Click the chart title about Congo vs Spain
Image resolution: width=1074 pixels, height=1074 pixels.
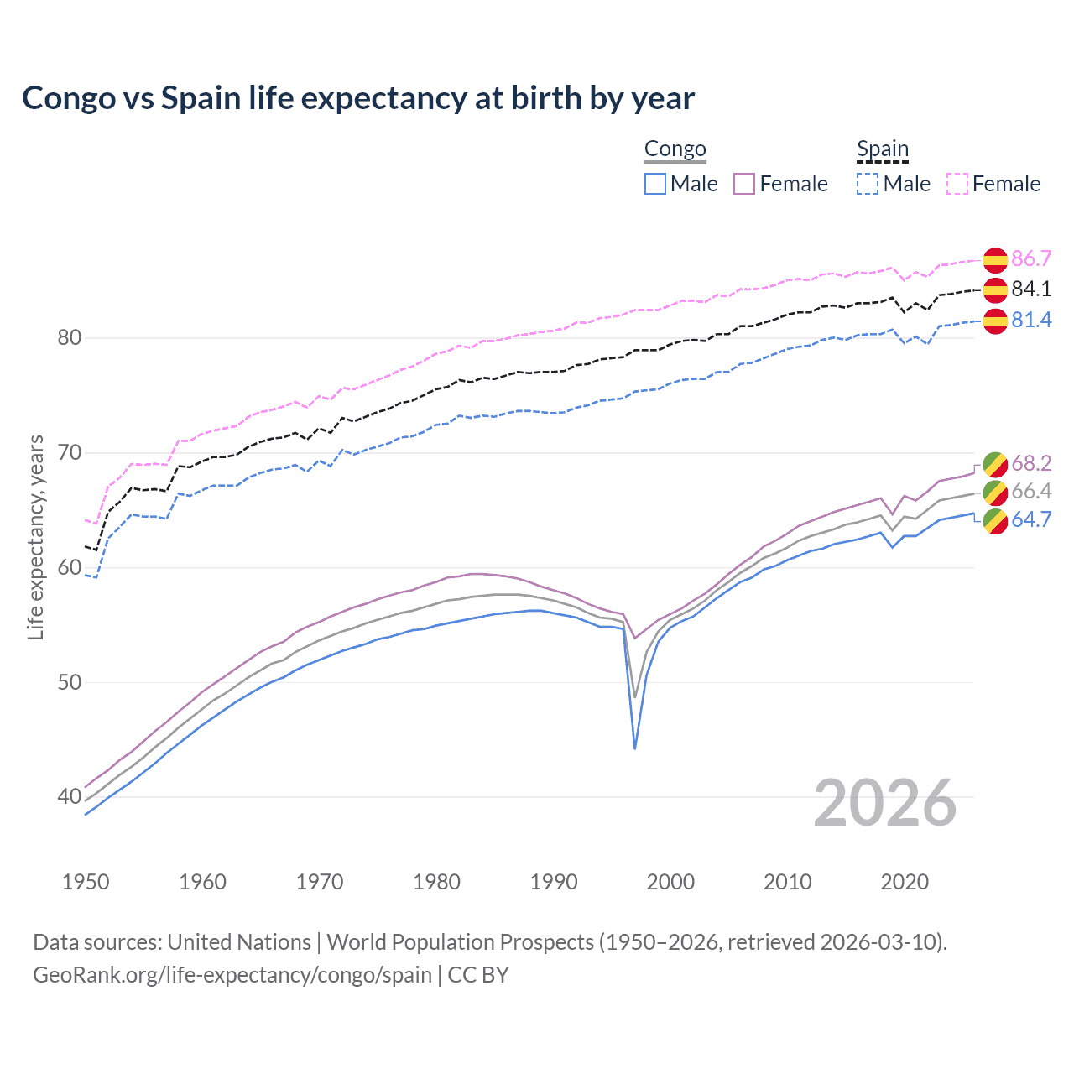[358, 98]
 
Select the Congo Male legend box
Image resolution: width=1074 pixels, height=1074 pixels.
[655, 184]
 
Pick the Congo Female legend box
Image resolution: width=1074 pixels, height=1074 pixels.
[744, 184]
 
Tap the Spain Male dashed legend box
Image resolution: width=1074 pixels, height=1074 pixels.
[868, 184]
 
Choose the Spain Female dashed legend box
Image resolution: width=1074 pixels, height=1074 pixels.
[957, 184]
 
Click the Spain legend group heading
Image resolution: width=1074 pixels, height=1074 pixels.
[882, 149]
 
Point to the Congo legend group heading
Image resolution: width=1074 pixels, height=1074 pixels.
[675, 149]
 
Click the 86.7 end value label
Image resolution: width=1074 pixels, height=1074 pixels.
[1031, 258]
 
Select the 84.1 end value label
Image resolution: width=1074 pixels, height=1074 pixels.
[1031, 289]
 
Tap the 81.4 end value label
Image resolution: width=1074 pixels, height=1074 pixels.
[1031, 321]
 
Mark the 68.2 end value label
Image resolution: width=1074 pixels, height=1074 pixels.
[1031, 463]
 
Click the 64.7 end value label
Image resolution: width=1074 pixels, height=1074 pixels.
[1031, 519]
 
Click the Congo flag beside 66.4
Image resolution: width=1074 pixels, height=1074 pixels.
[995, 492]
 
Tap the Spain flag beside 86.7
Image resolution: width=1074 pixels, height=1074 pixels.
[995, 259]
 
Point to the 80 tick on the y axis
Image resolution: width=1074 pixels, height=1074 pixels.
[70, 338]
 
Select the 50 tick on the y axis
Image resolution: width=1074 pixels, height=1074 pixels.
[70, 682]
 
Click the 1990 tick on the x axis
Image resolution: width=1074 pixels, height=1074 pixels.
[554, 882]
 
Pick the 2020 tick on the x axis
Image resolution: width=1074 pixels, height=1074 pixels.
[905, 882]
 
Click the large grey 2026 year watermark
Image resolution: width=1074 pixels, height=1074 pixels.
[884, 803]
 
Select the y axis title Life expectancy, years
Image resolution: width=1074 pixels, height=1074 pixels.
[36, 537]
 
